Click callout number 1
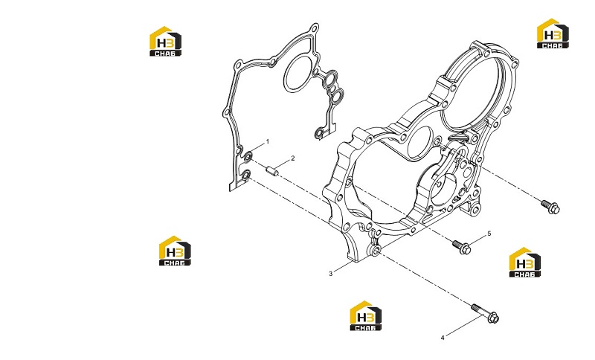pos(268,141)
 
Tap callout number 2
pos(292,158)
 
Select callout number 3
pos(330,274)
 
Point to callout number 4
pos(443,338)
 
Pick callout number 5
pos(489,234)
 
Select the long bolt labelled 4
pos(486,313)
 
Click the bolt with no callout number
pos(550,206)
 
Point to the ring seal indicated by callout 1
pos(248,155)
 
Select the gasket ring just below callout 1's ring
pos(247,175)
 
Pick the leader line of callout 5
pos(477,239)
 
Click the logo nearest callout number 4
pos(366,316)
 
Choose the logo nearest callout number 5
pos(525,262)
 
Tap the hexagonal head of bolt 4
pos(493,318)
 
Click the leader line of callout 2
pos(284,163)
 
